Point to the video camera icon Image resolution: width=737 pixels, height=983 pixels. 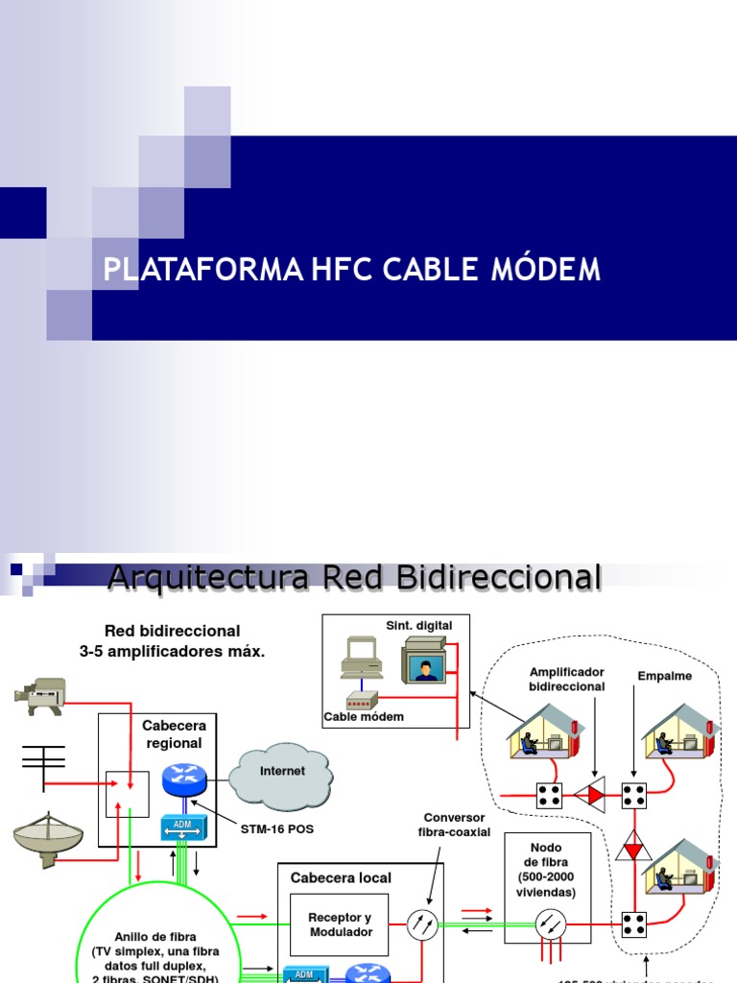(x=41, y=694)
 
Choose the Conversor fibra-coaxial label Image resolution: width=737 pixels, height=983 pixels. (x=453, y=825)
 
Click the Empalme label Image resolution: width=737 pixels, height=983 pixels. (x=664, y=676)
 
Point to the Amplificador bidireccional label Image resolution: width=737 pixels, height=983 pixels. (x=566, y=679)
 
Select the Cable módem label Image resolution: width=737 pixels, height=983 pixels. (x=364, y=716)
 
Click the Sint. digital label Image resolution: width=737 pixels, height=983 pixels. (x=418, y=625)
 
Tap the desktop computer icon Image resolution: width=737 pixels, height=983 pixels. (x=362, y=659)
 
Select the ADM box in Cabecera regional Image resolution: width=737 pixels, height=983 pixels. (x=178, y=826)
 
